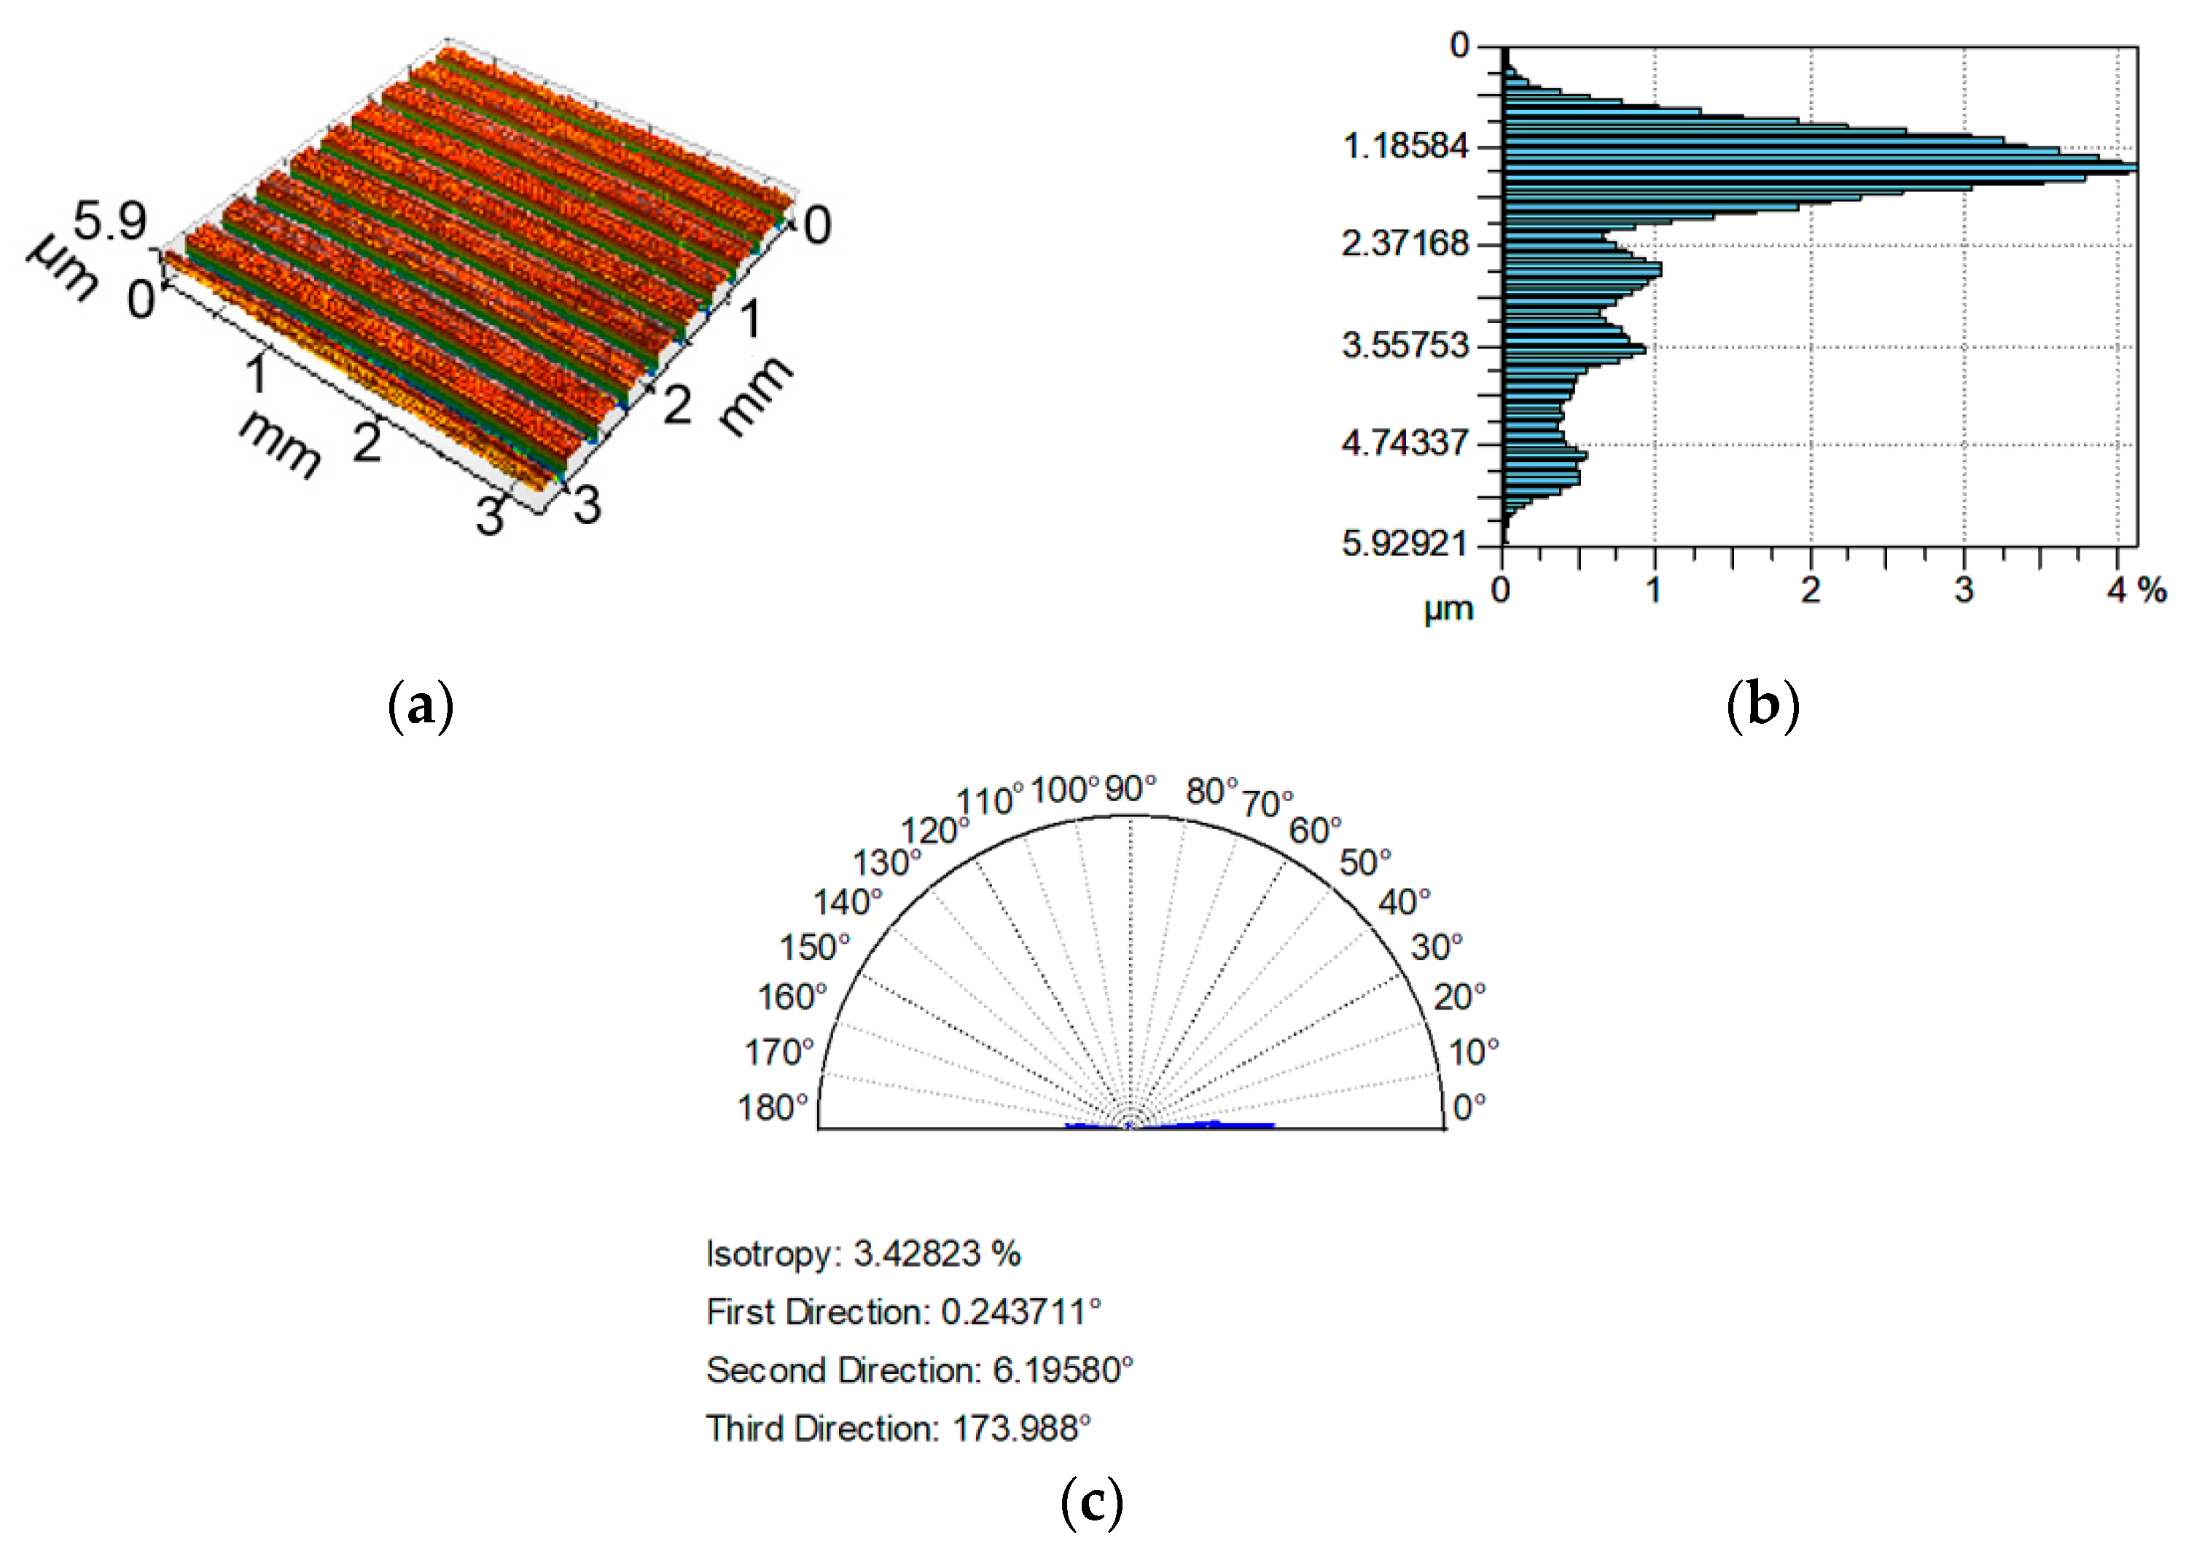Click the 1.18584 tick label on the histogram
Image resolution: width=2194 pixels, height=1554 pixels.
(x=1405, y=147)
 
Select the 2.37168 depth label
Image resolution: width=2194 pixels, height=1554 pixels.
(x=1405, y=244)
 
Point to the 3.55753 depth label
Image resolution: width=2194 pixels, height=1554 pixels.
(x=1405, y=345)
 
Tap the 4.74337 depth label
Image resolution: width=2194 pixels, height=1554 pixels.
(x=1405, y=443)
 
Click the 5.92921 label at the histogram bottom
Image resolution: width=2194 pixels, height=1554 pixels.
(x=1405, y=544)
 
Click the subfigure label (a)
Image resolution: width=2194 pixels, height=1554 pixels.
(x=421, y=706)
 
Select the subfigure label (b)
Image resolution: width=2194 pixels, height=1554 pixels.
(x=1762, y=706)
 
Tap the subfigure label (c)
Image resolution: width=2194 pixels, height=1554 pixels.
(x=1092, y=1502)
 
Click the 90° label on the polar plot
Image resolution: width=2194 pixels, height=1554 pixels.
(x=1130, y=789)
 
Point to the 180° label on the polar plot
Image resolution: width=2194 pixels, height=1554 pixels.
(x=773, y=1107)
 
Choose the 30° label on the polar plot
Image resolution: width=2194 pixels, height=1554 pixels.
(x=1436, y=948)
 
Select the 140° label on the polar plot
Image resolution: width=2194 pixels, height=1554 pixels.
(x=848, y=902)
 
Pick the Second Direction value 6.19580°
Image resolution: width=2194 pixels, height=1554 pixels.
(x=1063, y=1370)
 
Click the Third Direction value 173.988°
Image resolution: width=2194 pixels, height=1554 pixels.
(x=1022, y=1429)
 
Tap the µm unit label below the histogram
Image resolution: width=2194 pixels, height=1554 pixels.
(x=1448, y=609)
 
